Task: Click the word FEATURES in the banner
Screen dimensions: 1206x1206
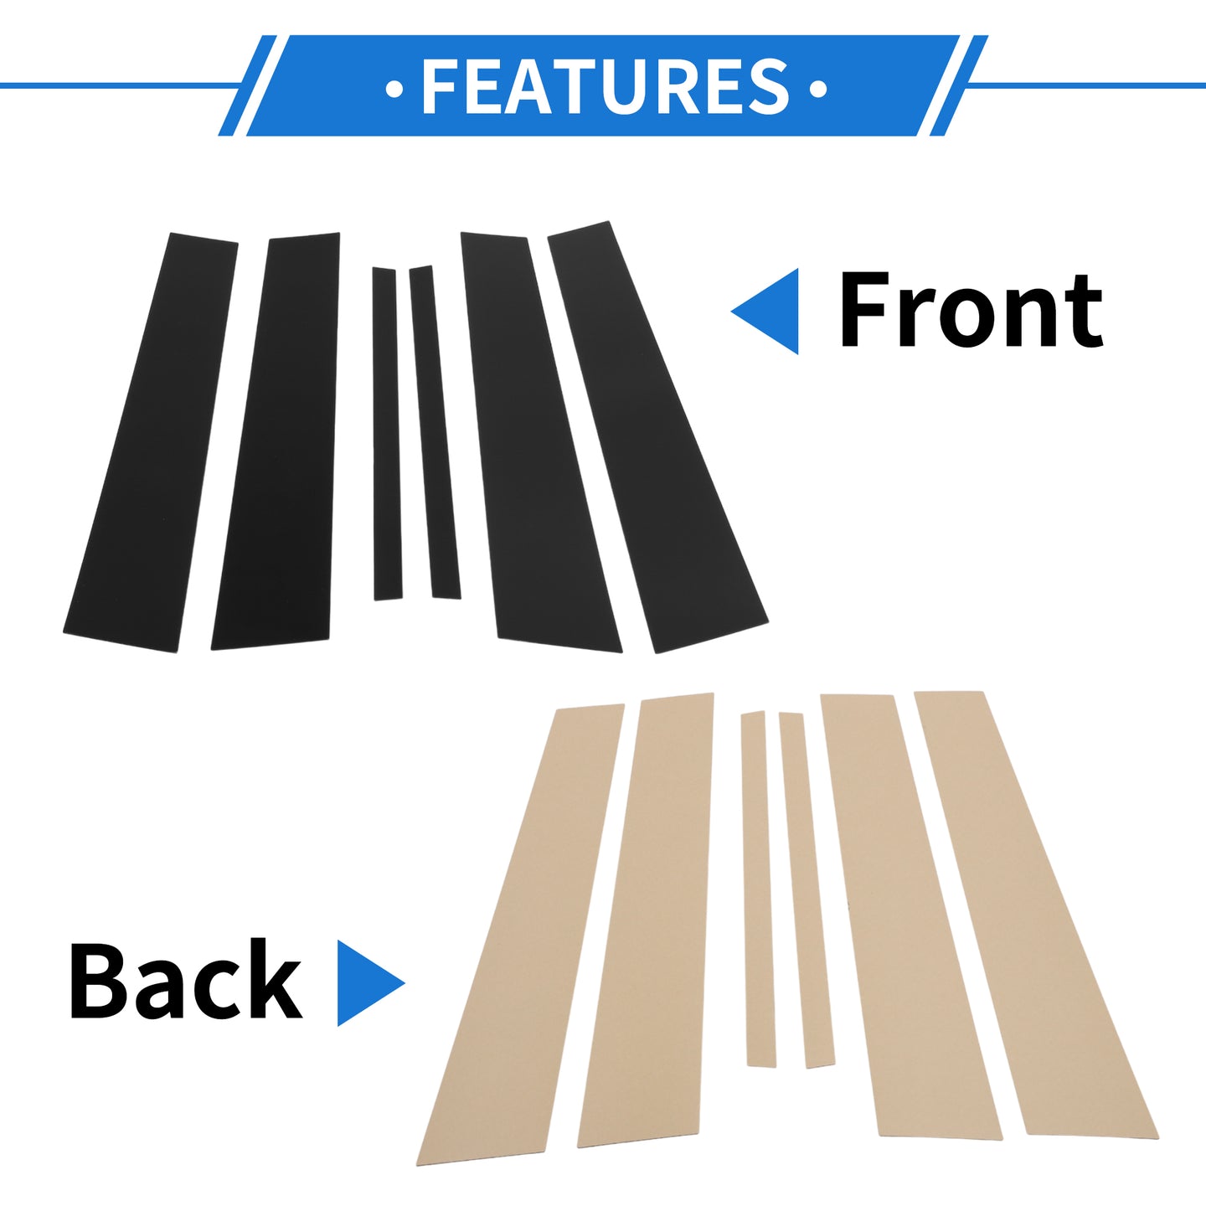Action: click(606, 86)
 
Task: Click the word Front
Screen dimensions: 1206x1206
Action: click(970, 311)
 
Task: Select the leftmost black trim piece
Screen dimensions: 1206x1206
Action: click(150, 442)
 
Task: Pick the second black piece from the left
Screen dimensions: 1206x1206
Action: click(276, 441)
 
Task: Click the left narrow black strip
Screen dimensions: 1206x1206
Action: click(387, 434)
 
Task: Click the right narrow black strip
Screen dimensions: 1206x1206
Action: click(435, 432)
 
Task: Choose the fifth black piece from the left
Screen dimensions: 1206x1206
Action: click(541, 442)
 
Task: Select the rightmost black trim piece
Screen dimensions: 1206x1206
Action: click(657, 438)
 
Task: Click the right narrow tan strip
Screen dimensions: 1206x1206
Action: click(807, 890)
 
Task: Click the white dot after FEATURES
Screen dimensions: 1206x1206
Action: click(818, 89)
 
